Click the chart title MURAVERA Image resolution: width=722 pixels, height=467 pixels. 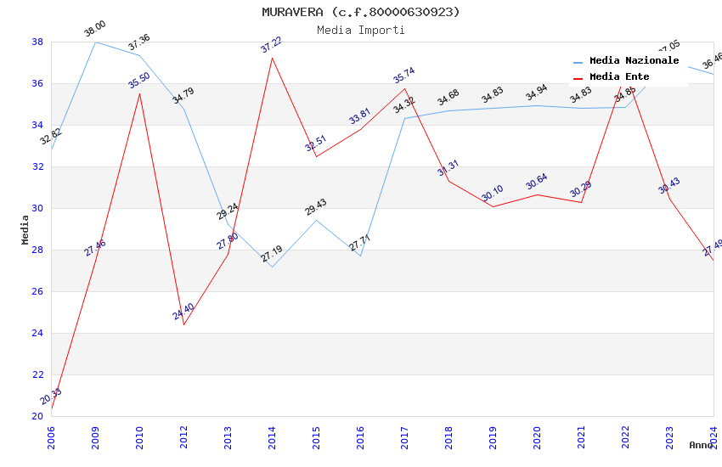[x=361, y=12]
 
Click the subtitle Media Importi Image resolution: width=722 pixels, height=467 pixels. [x=361, y=30]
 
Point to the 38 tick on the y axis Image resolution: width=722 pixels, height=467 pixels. [x=38, y=42]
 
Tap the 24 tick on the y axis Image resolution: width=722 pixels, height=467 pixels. [x=38, y=333]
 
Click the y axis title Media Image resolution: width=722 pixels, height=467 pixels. [x=25, y=229]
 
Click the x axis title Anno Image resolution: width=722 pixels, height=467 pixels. [x=701, y=445]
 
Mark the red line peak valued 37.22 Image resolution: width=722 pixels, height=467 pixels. [x=272, y=58]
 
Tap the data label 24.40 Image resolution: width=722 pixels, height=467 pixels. [x=183, y=312]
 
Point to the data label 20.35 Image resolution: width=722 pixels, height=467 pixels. [x=51, y=397]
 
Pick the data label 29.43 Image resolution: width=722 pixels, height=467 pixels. [x=316, y=207]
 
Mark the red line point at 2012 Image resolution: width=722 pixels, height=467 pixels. [x=183, y=324]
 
